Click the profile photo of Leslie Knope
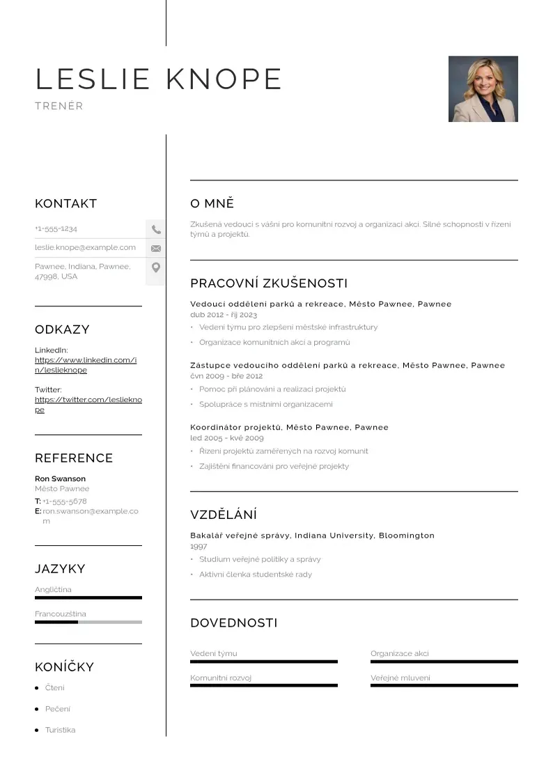(483, 89)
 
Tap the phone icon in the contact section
(156, 229)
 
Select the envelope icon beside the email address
(156, 248)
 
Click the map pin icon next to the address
(156, 267)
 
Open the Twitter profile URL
(88, 405)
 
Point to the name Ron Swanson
(61, 479)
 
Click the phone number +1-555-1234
(56, 228)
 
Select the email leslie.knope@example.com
(85, 247)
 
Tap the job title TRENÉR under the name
(59, 107)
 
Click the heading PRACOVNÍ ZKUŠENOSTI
(269, 283)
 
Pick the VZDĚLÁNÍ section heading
(224, 515)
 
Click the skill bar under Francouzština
(88, 622)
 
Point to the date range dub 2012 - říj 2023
(224, 315)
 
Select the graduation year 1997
(198, 547)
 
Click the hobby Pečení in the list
(58, 709)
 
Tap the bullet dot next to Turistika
(37, 731)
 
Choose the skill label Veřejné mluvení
(400, 678)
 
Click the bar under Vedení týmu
(263, 662)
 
